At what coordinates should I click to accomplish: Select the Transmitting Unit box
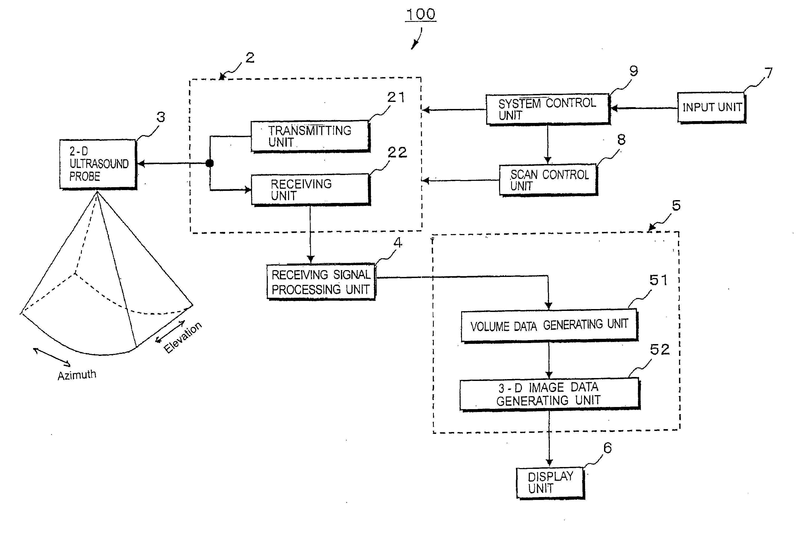coord(310,136)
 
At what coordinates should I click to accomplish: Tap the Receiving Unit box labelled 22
coord(311,190)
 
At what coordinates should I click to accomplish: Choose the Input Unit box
coord(712,108)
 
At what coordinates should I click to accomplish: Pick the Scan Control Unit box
coord(549,180)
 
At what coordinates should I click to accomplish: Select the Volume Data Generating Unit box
coord(549,325)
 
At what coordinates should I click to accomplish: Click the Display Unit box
coord(551,483)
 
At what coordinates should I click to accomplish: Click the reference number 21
coord(396,97)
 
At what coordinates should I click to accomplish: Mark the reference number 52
coord(660,350)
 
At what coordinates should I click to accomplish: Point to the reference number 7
coord(768,73)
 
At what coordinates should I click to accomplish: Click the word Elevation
coord(183,338)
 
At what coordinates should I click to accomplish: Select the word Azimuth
coord(77,375)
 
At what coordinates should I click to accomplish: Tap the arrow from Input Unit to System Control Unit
coord(644,108)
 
